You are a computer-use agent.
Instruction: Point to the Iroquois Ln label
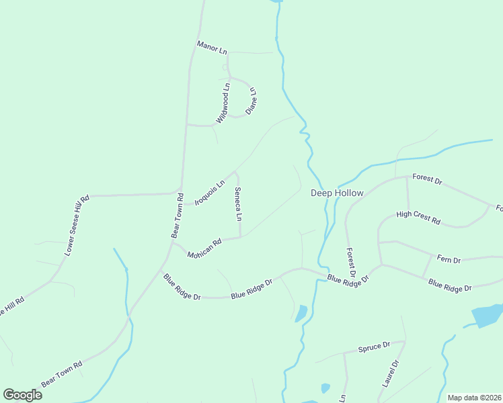(x=209, y=192)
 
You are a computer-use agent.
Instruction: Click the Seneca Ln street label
(x=237, y=204)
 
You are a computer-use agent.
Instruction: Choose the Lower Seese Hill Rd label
(x=77, y=226)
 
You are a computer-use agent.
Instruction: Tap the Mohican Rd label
(x=204, y=250)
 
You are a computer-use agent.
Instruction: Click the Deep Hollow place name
(x=337, y=193)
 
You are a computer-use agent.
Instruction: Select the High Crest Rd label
(x=418, y=218)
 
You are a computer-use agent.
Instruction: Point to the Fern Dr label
(x=449, y=259)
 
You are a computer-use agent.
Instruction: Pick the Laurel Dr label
(x=391, y=373)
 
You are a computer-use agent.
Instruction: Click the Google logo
(x=22, y=394)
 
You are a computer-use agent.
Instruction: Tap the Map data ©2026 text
(x=474, y=398)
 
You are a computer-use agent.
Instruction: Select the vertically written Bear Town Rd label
(x=177, y=216)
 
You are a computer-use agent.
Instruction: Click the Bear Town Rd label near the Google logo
(x=61, y=373)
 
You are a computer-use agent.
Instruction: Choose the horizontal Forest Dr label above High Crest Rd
(x=427, y=181)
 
